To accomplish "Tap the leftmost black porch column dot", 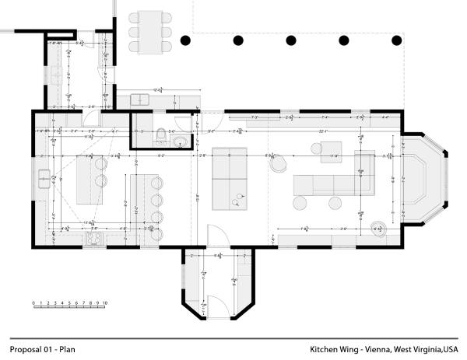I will (185, 40).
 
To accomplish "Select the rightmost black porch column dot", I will (397, 40).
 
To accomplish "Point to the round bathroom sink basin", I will (181, 141).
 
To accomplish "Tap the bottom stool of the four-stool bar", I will (160, 232).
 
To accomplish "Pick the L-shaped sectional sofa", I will (331, 183).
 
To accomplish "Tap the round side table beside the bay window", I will (379, 229).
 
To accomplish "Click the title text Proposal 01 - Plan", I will (43, 349).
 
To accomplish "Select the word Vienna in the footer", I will (368, 349).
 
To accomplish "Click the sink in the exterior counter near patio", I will (140, 99).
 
